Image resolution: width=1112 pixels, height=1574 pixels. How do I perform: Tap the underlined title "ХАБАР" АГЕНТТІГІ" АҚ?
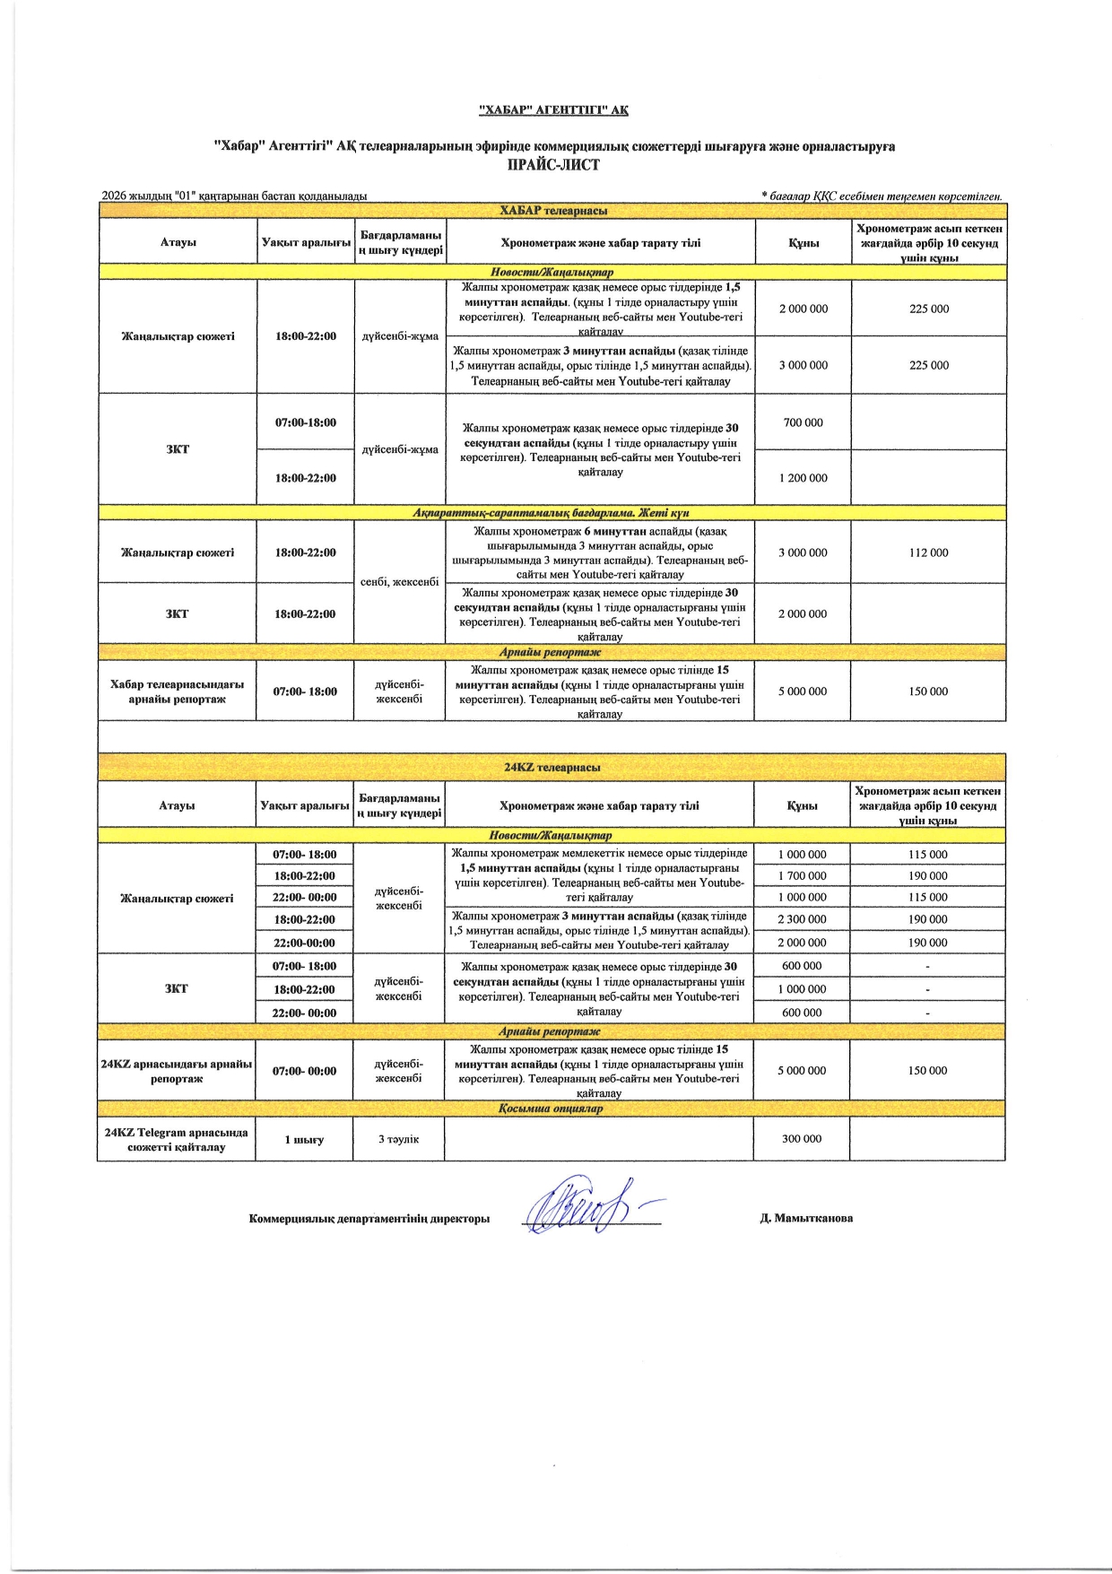coord(553,110)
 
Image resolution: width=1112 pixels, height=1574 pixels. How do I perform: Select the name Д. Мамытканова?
coord(806,1218)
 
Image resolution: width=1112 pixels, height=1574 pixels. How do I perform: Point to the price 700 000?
coord(803,422)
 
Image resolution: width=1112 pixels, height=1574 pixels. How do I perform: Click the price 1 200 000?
coord(803,478)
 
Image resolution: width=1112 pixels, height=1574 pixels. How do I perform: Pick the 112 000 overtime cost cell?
coord(928,552)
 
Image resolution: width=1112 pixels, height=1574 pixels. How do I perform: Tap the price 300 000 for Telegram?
coord(801,1138)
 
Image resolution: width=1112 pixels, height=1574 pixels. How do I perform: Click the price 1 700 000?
coord(802,875)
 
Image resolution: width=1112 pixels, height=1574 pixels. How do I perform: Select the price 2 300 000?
coord(802,919)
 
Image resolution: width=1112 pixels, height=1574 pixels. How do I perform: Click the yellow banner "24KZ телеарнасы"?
coord(552,768)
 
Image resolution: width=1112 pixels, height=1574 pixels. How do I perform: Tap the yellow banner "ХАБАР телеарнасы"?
coord(552,211)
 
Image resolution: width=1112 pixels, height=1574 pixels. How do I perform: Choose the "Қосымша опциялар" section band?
coord(551,1109)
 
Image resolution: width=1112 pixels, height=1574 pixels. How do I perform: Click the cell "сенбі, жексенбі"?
coord(400,582)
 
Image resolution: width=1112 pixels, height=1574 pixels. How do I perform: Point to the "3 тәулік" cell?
coord(398,1139)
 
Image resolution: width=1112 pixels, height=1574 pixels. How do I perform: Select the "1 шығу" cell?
coord(304,1139)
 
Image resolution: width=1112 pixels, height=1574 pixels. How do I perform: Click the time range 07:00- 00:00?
coord(304,1071)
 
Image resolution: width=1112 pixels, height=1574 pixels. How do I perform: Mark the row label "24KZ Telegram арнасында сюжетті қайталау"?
coord(176,1139)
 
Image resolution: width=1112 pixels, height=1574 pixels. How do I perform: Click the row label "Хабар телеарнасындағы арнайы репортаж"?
coord(177,691)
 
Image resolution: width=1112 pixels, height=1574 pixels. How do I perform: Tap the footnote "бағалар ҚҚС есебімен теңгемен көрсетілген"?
coord(882,196)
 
